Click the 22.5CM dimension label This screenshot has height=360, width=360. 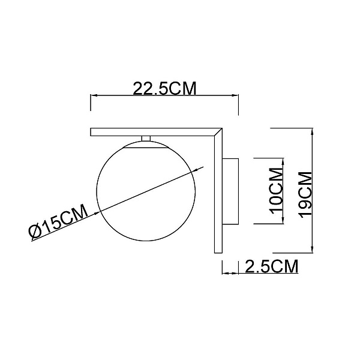(164, 88)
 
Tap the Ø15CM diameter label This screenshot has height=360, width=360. (58, 221)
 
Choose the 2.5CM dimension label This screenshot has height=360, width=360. (272, 266)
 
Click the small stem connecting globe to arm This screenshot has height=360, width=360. (146, 138)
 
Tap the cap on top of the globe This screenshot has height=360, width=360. (146, 145)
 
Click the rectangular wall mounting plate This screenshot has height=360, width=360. (230, 191)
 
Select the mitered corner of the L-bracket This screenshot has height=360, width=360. (218, 132)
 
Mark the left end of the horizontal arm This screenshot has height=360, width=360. (91, 132)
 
